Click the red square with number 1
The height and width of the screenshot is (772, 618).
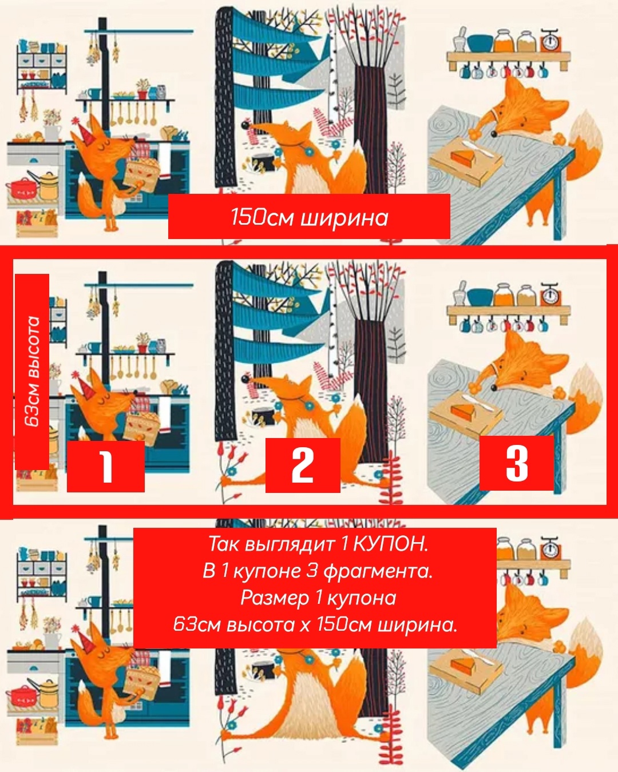coord(105,467)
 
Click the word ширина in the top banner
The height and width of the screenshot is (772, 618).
coord(344,218)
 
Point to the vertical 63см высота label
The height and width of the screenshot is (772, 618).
coord(32,371)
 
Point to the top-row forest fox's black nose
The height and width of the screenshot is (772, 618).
coord(245,126)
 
